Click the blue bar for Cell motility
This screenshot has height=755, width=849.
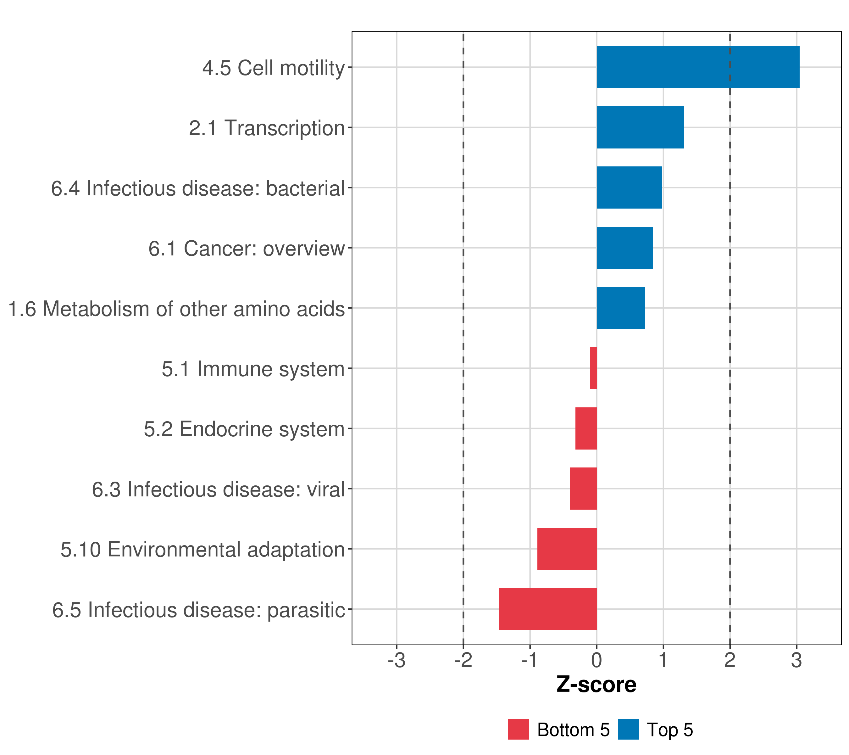698,67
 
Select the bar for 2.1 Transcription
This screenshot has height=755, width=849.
640,128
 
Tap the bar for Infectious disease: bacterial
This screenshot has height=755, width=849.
629,187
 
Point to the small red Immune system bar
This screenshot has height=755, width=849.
594,368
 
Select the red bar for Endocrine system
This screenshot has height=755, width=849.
586,428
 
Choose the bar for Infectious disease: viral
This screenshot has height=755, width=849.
583,489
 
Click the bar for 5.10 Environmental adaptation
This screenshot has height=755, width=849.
567,549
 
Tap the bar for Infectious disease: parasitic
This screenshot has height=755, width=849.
548,609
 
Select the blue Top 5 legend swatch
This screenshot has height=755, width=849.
628,729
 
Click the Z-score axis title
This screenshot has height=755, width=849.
597,685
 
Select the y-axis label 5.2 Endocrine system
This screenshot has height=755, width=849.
244,429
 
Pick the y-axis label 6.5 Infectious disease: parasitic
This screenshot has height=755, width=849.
198,610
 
